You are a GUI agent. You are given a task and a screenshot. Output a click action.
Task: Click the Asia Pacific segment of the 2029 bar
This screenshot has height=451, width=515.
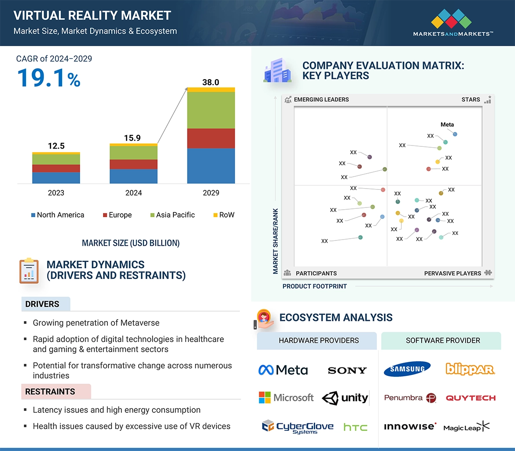pos(211,110)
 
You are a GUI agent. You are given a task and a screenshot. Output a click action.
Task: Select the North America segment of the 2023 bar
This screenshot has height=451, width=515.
pos(56,178)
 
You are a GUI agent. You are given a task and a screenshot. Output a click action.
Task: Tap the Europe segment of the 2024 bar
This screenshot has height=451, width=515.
pos(133,164)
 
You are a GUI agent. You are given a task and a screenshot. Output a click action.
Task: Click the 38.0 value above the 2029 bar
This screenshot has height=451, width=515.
pos(210,82)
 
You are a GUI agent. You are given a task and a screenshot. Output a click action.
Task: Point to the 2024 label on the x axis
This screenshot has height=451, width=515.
pos(133,193)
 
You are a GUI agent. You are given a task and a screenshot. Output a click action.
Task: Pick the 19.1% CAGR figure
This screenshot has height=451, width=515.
pos(48,78)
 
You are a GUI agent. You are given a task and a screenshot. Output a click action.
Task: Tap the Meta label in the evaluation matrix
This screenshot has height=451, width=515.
pos(447,124)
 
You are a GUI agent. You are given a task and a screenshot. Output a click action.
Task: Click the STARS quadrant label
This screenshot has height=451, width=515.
pos(471,99)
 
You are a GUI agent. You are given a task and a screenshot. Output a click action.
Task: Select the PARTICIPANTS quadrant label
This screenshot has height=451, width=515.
pos(316,273)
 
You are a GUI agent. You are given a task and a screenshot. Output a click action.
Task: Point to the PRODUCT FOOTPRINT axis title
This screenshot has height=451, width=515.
pos(315,286)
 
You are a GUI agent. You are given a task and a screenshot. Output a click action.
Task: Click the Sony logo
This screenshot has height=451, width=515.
pos(347,371)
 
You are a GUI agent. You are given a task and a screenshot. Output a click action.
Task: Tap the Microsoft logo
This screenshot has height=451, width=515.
pos(286,398)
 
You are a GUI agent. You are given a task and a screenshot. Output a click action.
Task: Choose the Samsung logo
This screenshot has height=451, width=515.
pos(407,369)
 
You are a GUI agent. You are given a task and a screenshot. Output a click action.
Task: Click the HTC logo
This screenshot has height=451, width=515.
pos(355,427)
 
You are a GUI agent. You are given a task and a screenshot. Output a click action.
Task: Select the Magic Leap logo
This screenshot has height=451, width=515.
pos(466,427)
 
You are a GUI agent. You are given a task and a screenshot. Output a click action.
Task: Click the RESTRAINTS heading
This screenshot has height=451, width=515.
pos(50,392)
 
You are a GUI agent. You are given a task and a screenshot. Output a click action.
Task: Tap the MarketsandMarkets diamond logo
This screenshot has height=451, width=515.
pos(451,19)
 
